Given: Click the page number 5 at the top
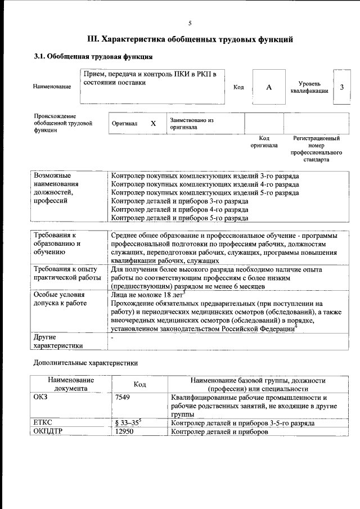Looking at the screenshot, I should pyautogui.click(x=190, y=23).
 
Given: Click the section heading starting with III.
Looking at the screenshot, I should pyautogui.click(x=190, y=39).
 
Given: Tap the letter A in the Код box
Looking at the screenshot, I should pyautogui.click(x=269, y=87).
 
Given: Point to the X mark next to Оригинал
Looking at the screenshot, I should pyautogui.click(x=153, y=123).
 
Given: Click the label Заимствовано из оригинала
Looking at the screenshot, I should pyautogui.click(x=192, y=123).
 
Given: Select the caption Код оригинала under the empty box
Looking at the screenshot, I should pyautogui.click(x=264, y=141).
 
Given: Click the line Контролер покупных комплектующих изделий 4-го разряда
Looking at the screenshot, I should pyautogui.click(x=205, y=184).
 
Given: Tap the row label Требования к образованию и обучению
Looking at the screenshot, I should pyautogui.click(x=57, y=244).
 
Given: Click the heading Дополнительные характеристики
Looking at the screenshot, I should pyautogui.click(x=85, y=363).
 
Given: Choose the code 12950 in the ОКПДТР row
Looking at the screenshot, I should pyautogui.click(x=124, y=432).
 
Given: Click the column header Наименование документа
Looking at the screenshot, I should pyautogui.click(x=71, y=384).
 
